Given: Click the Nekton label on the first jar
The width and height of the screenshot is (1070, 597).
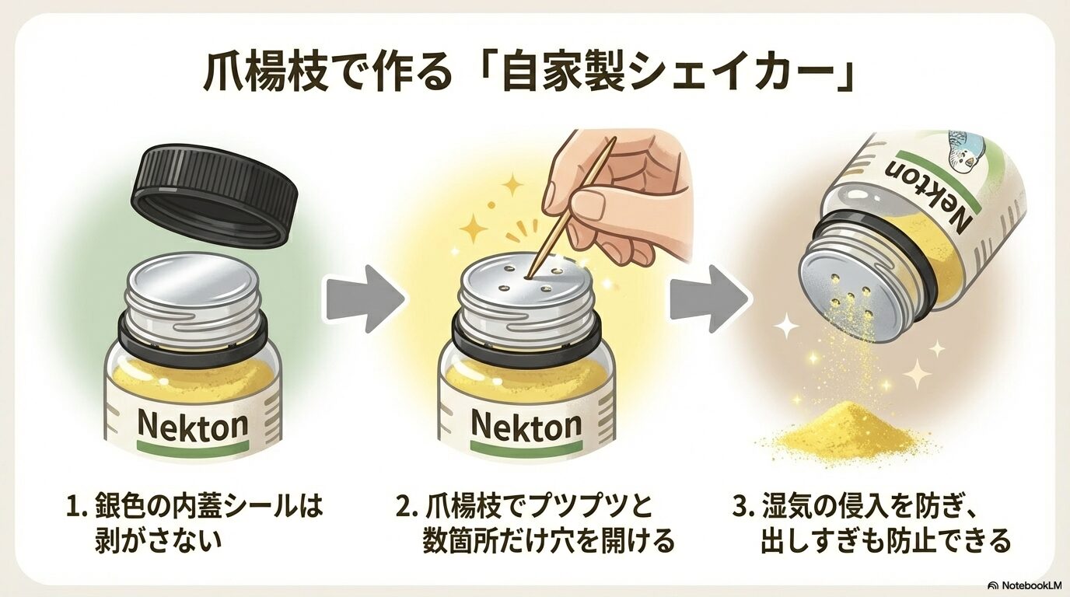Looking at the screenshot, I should [x=192, y=424].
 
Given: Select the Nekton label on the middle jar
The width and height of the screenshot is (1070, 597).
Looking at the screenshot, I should [x=526, y=424].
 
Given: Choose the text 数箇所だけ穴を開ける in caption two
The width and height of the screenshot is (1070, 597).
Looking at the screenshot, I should [x=548, y=541].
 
